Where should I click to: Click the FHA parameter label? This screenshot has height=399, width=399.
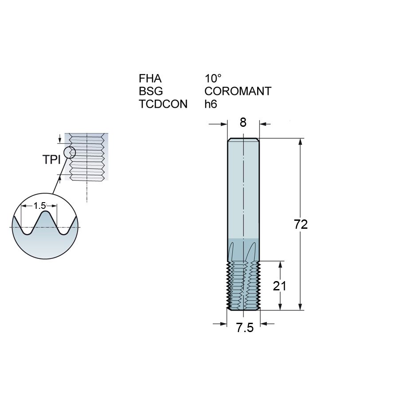[x=150, y=78]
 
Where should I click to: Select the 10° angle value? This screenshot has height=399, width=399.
[x=213, y=78]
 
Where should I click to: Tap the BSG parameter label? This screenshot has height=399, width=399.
[x=151, y=91]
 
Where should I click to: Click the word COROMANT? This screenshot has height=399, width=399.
[x=238, y=91]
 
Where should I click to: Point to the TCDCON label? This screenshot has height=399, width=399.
[x=163, y=104]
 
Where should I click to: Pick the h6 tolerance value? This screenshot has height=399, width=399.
[x=211, y=104]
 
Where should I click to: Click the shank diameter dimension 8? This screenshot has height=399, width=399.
[x=243, y=122]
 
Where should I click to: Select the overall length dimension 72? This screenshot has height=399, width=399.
[x=301, y=224]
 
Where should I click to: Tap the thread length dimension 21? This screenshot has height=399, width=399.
[x=280, y=286]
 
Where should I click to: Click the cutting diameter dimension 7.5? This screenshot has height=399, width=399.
[x=245, y=328]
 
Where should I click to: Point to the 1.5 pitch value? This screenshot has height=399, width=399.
[x=39, y=205]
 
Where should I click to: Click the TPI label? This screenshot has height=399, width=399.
[x=52, y=160]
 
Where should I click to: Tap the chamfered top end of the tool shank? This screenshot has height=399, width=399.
[x=243, y=140]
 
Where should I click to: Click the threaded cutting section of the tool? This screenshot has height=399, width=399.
[x=243, y=286]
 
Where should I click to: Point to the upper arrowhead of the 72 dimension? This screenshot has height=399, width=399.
[x=301, y=142]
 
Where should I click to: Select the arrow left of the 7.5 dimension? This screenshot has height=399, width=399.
[x=220, y=324]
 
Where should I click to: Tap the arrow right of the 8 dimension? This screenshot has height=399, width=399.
[x=265, y=124]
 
